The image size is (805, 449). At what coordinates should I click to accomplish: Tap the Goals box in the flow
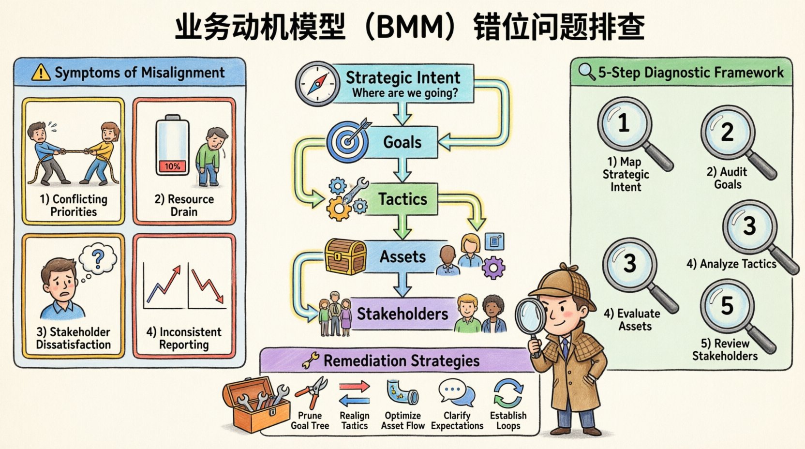pos(402,142)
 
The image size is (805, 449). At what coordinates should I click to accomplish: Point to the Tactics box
pos(402,199)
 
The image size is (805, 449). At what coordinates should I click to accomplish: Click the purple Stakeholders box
pos(402,314)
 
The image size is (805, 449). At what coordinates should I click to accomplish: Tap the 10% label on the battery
pos(172,166)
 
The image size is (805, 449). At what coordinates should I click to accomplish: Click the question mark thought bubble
pos(98,260)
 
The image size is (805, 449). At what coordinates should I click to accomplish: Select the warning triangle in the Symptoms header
pos(41,73)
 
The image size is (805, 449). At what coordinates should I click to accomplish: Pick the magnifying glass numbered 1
pos(624,123)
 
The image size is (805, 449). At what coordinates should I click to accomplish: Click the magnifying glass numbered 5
pos(727,306)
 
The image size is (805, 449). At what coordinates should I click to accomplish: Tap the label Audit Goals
pos(727,178)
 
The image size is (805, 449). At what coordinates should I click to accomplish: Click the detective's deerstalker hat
pos(561,283)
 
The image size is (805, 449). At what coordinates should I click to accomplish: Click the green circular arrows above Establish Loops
pos(508,393)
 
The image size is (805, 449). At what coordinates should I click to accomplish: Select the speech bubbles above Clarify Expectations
pos(456,393)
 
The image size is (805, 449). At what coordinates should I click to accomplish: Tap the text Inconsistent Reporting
pos(184,338)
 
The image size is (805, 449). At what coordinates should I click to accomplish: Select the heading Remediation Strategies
pos(401,361)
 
